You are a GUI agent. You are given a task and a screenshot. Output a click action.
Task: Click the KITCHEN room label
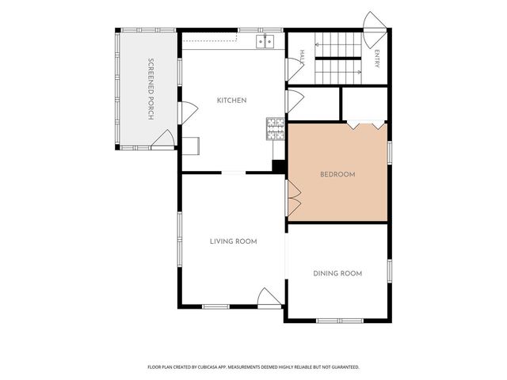pos(231,101)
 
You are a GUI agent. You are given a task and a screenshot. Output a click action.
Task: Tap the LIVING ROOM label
pos(233,241)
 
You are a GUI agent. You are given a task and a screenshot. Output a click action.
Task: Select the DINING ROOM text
pos(337,274)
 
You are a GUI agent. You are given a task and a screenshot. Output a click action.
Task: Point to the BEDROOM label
pos(337,174)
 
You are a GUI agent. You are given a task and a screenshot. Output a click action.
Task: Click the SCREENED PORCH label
pos(151,89)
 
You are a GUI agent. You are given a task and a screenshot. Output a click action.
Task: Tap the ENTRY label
pos(377,59)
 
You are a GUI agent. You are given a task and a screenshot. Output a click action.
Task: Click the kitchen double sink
pos(265,42)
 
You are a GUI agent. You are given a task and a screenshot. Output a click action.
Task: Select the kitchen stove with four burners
pos(276,129)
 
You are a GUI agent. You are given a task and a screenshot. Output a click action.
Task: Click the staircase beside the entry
pos(338,58)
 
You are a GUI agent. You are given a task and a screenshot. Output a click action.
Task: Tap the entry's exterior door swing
pos(375,30)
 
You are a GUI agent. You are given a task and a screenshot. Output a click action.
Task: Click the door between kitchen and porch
pos(187,112)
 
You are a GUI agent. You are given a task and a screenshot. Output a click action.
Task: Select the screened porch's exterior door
pos(163,139)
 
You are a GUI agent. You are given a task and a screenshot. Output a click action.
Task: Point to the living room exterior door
pos(269,298)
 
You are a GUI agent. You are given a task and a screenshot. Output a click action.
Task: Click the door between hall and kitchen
pos(294,70)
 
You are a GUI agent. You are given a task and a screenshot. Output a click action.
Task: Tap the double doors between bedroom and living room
pos(293,198)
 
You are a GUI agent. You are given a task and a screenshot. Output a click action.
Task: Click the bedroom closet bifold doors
pos(366,125)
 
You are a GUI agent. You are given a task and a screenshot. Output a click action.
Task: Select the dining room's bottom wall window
pos(340,321)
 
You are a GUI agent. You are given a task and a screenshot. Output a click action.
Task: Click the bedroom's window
pos(390,153)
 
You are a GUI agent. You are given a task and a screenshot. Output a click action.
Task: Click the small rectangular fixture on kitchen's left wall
pos(191,146)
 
